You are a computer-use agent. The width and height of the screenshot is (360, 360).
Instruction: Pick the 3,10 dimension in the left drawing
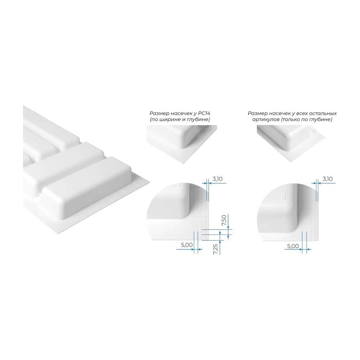(217, 179)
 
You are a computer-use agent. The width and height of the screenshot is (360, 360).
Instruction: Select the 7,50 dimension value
(224, 220)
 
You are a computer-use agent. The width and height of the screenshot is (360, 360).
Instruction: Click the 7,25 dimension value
(216, 249)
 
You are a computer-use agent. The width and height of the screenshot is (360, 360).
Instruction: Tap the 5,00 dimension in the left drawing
(186, 245)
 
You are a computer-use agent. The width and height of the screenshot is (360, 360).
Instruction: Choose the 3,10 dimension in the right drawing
(327, 179)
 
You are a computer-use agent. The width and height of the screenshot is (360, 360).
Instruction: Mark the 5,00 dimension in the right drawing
(293, 246)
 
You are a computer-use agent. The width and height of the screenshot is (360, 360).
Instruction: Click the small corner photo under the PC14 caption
(181, 144)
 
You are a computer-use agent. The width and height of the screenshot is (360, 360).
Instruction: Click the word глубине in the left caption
(199, 120)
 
